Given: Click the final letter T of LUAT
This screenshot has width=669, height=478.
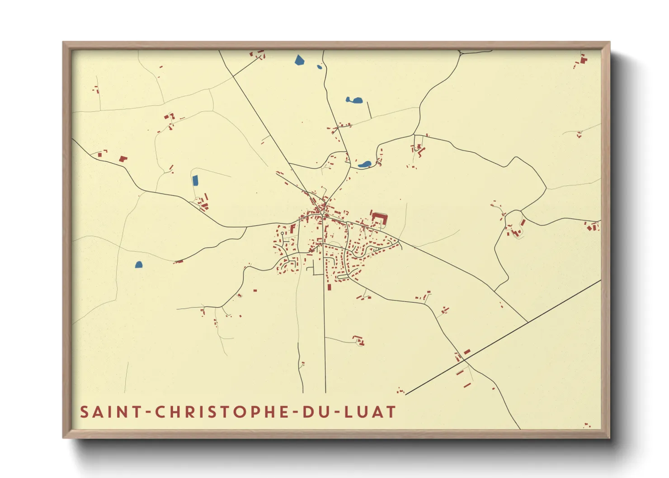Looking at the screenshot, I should click(x=391, y=412).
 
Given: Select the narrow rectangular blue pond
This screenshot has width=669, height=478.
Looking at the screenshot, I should click(x=195, y=181).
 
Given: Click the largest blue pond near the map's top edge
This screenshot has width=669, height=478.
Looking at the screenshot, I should click(x=299, y=60).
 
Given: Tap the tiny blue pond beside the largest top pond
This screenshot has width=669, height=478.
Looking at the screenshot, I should click(x=320, y=67).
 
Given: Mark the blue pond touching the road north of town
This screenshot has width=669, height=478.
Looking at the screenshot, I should click(x=364, y=164).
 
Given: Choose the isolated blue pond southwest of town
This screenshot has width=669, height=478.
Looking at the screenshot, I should click(x=139, y=265).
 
